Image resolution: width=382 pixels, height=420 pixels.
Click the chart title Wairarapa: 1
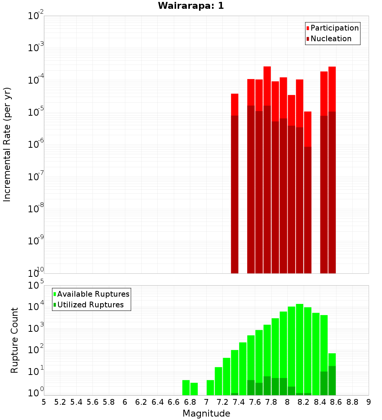191,6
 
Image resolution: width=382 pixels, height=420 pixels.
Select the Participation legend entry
334,28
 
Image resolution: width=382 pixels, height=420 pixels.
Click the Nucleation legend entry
330,39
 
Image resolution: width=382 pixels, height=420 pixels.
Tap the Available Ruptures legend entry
93,294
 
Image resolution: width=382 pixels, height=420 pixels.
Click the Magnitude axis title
206,414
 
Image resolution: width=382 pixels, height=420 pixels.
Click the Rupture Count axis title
15,340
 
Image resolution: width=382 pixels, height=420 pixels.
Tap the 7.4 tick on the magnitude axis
239,402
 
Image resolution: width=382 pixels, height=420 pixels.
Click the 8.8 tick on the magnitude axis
352,402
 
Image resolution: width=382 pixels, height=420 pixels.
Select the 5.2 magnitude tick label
60,402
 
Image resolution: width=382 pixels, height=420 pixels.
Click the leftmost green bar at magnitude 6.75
186,387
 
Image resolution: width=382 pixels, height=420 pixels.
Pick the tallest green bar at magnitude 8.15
299,347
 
